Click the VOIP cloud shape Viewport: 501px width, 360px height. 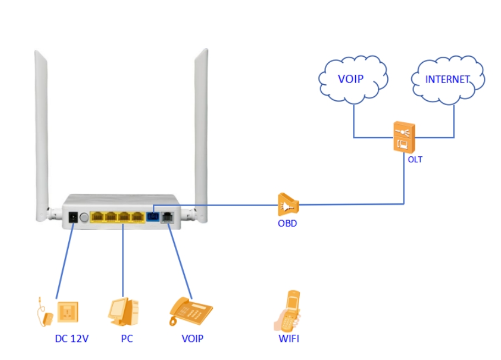353,79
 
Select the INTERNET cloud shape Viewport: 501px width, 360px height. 448,79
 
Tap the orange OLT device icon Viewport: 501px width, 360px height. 404,137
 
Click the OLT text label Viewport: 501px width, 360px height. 415,160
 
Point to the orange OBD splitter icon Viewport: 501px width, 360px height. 288,204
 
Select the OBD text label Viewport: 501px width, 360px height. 287,223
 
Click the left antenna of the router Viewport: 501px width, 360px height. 41,132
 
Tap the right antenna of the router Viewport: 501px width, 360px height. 201,132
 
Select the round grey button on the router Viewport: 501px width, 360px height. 84,217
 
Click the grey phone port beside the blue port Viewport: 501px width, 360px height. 167,217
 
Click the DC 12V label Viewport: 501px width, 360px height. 71,339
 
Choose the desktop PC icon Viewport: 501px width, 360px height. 123,313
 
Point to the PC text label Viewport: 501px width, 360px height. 127,339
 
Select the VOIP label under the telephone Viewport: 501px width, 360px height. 192,339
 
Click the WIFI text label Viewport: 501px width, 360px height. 289,339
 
